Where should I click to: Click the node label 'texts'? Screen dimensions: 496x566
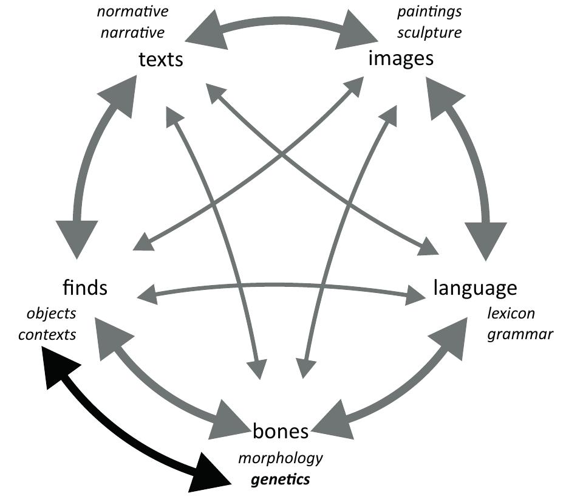point(161,61)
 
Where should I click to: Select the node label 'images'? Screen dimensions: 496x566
point(401,59)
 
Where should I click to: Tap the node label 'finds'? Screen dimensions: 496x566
point(85,287)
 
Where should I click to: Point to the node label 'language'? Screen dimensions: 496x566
point(475,288)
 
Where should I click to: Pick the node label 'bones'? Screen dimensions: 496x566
point(281,432)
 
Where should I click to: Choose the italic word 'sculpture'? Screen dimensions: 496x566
point(429,32)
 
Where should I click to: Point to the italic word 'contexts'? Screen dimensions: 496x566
point(47,334)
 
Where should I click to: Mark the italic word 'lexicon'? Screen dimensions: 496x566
point(511,314)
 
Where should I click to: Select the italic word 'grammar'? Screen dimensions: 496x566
point(519,334)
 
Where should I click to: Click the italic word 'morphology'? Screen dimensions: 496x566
point(280,458)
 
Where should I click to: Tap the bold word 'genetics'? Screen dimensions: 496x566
point(281,479)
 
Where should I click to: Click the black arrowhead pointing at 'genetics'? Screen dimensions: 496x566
point(206,477)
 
